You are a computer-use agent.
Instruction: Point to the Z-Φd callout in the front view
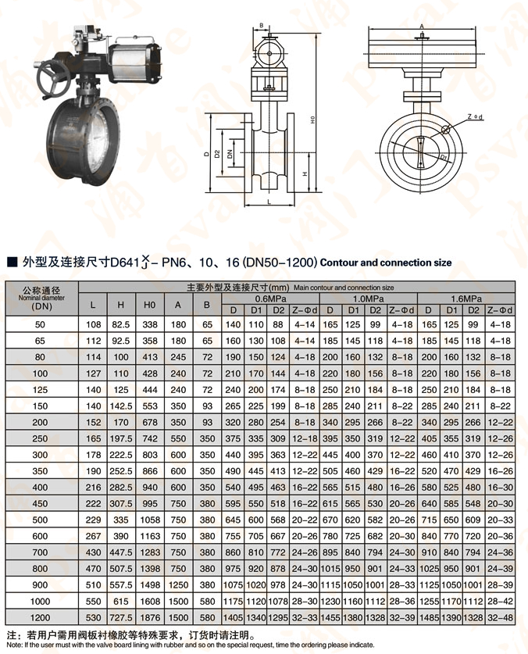(x=475, y=116)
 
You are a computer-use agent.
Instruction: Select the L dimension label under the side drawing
(x=269, y=202)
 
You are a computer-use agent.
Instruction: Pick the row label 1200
(x=41, y=618)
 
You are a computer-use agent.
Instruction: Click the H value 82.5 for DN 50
(x=121, y=323)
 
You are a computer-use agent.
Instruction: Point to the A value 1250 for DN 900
(x=179, y=584)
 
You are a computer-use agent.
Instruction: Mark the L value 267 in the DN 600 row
(x=93, y=536)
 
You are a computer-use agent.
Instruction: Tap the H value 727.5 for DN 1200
(x=121, y=618)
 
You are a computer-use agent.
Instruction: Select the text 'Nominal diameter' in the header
(x=41, y=298)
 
